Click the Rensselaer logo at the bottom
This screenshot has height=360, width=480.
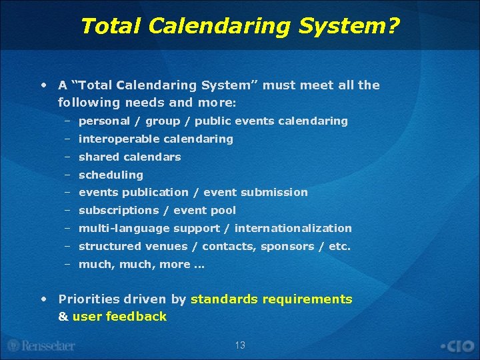tap(41, 345)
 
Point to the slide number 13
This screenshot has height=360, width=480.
tap(240, 345)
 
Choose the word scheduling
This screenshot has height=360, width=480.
tap(111, 175)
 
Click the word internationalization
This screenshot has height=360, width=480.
tap(293, 228)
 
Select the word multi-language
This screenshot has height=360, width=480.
tap(125, 228)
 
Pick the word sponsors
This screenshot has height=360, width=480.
tap(288, 246)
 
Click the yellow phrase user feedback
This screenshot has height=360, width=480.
tap(119, 317)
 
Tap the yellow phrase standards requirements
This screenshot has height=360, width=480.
tap(271, 299)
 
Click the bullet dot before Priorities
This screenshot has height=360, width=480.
tap(43, 299)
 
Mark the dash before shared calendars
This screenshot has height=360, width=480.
tap(67, 157)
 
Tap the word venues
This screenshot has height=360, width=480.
tap(167, 246)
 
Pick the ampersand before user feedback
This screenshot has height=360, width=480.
tap(63, 317)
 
